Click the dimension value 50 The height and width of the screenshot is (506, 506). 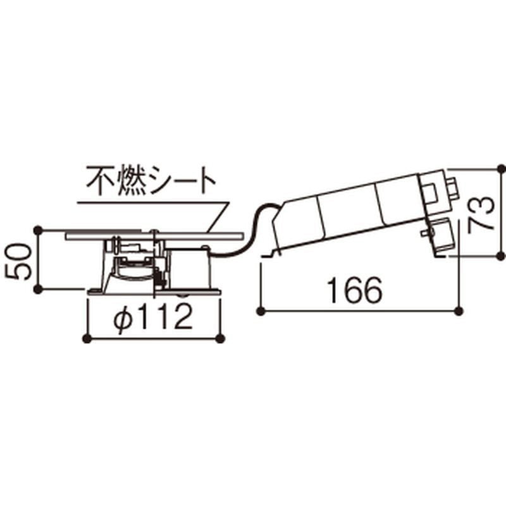pos(19,260)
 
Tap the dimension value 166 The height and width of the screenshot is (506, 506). pos(355,291)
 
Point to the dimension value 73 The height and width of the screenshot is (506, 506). pos(483,214)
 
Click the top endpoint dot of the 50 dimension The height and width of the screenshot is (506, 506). pos(39,229)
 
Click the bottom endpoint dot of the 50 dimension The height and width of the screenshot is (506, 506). pos(39,289)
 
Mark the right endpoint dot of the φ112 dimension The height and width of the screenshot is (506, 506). pos(220,338)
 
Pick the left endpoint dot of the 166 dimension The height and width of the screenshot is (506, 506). pos(261,311)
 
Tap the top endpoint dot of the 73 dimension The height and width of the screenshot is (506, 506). pos(500,170)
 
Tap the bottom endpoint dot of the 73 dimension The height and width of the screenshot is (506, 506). pos(500,256)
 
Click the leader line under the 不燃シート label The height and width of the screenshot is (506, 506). pos(152,203)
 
